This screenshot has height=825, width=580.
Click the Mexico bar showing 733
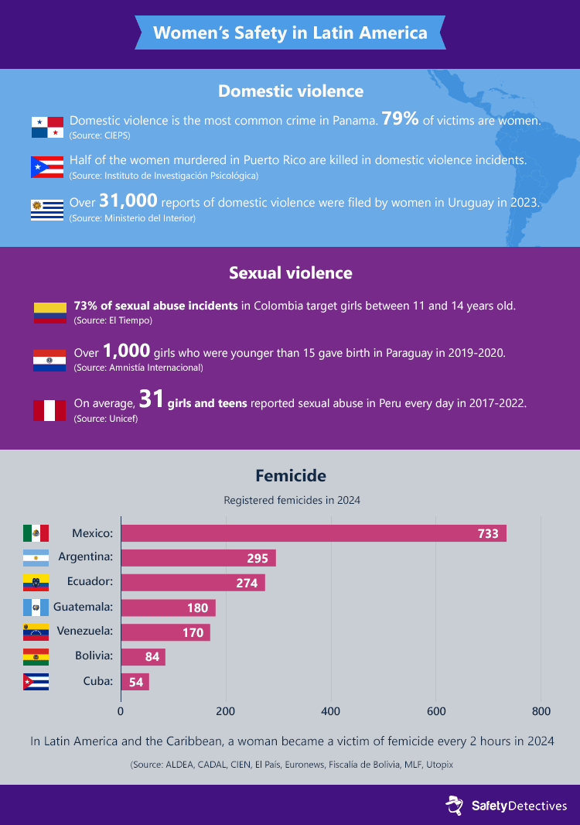tap(313, 533)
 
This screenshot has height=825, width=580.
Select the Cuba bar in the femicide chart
tap(135, 682)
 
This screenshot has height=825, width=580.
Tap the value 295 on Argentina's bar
tap(258, 558)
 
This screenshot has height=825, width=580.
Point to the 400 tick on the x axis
tap(331, 711)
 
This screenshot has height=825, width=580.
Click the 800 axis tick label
tap(541, 711)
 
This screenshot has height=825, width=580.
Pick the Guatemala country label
tap(83, 608)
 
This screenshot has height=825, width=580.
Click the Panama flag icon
tap(47, 127)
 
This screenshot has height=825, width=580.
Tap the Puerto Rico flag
tap(47, 166)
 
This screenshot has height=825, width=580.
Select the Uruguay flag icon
tap(47, 210)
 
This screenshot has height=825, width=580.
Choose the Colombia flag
tap(49, 312)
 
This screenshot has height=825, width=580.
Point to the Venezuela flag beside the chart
tap(36, 632)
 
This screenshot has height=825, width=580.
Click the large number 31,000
tap(128, 201)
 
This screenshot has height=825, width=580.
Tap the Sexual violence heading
tap(290, 272)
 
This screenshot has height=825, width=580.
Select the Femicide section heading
tap(290, 475)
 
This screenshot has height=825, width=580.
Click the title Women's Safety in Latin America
tap(290, 33)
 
